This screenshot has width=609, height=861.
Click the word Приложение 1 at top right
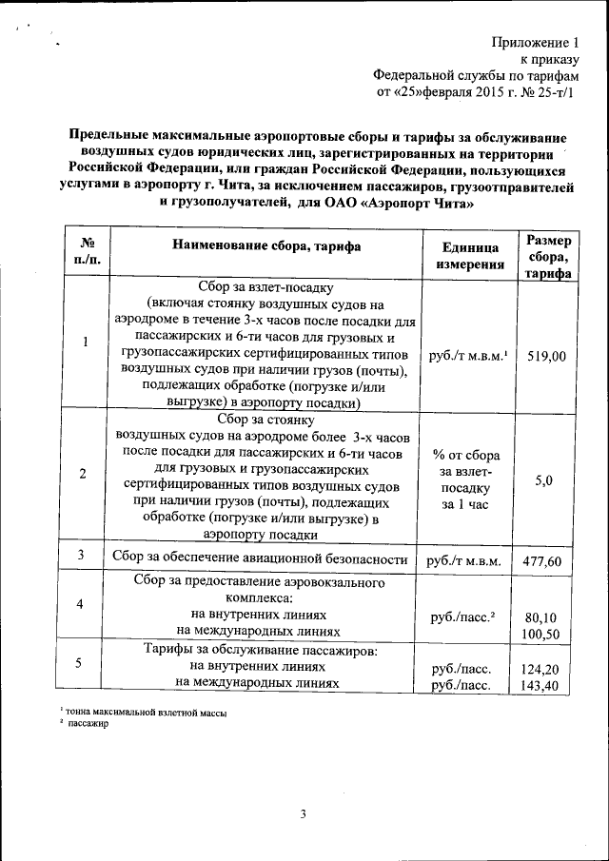tap(536, 43)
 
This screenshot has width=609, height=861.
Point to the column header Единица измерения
tap(470, 255)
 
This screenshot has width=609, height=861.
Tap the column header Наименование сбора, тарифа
tap(265, 245)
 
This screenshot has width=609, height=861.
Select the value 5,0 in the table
tap(544, 480)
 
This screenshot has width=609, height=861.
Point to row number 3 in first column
tap(82, 555)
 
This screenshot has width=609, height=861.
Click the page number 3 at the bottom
tap(303, 813)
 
